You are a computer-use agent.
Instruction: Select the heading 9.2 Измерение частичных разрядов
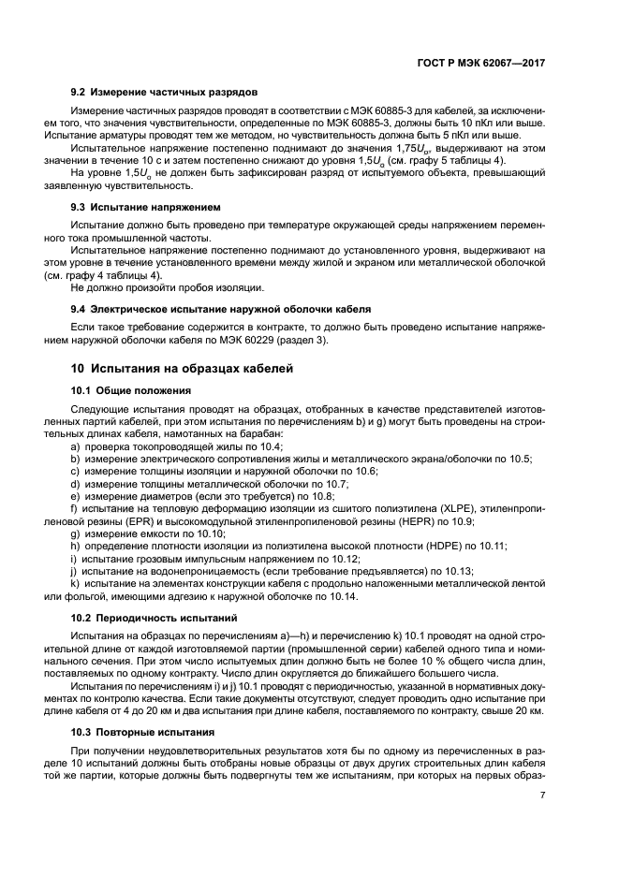click(x=164, y=93)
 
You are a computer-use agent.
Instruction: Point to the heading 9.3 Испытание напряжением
click(x=145, y=206)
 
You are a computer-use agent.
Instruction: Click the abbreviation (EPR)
click(x=147, y=520)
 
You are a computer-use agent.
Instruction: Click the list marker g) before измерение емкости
click(x=75, y=533)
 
